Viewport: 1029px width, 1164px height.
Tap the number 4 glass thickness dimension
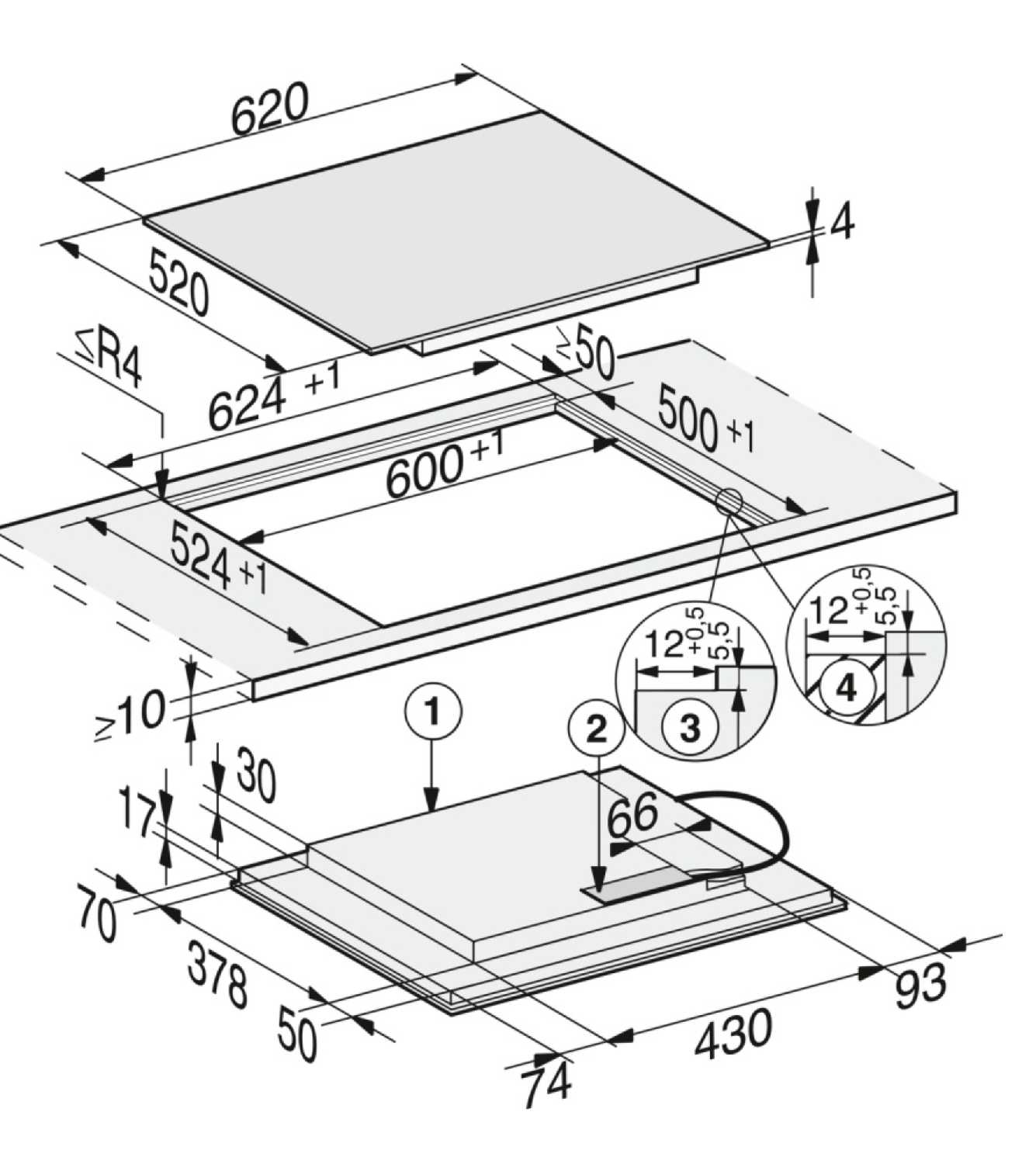pyautogui.click(x=843, y=222)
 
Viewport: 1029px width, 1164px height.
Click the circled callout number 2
pyautogui.click(x=596, y=730)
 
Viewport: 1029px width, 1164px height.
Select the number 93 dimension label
pyautogui.click(x=920, y=987)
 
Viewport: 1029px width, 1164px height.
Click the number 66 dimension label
pyautogui.click(x=632, y=816)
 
